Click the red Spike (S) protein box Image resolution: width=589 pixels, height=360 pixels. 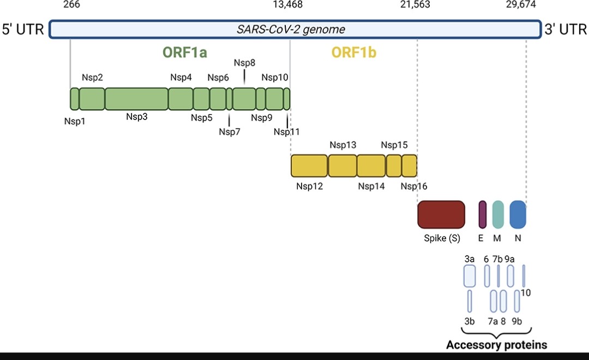(x=441, y=214)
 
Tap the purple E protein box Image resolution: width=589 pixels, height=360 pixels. (x=483, y=214)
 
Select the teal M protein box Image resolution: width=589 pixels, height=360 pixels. (x=498, y=214)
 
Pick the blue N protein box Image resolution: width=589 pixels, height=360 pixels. (x=518, y=214)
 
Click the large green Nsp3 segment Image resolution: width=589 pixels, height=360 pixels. (x=137, y=99)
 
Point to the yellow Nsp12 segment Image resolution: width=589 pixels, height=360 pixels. (x=309, y=166)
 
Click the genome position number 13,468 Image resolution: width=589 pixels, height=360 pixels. (x=288, y=4)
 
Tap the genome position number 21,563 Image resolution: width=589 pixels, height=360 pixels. (x=415, y=4)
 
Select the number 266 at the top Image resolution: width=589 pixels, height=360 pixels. (x=71, y=4)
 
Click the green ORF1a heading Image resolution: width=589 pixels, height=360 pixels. (x=185, y=52)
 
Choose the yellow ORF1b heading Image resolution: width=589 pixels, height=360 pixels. (x=354, y=52)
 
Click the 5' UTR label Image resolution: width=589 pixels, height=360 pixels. (x=23, y=29)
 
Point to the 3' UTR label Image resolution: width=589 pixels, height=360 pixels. (x=566, y=29)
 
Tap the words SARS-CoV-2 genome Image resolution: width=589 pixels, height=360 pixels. (x=291, y=29)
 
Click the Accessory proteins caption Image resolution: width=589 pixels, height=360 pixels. (x=497, y=345)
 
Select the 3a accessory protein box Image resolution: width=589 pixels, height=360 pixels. (x=470, y=276)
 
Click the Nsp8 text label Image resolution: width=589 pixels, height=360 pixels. (x=244, y=63)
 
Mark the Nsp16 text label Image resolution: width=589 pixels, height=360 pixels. (x=414, y=187)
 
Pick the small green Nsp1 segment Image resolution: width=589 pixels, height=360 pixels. (x=75, y=99)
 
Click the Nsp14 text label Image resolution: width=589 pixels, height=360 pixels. (x=371, y=187)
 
